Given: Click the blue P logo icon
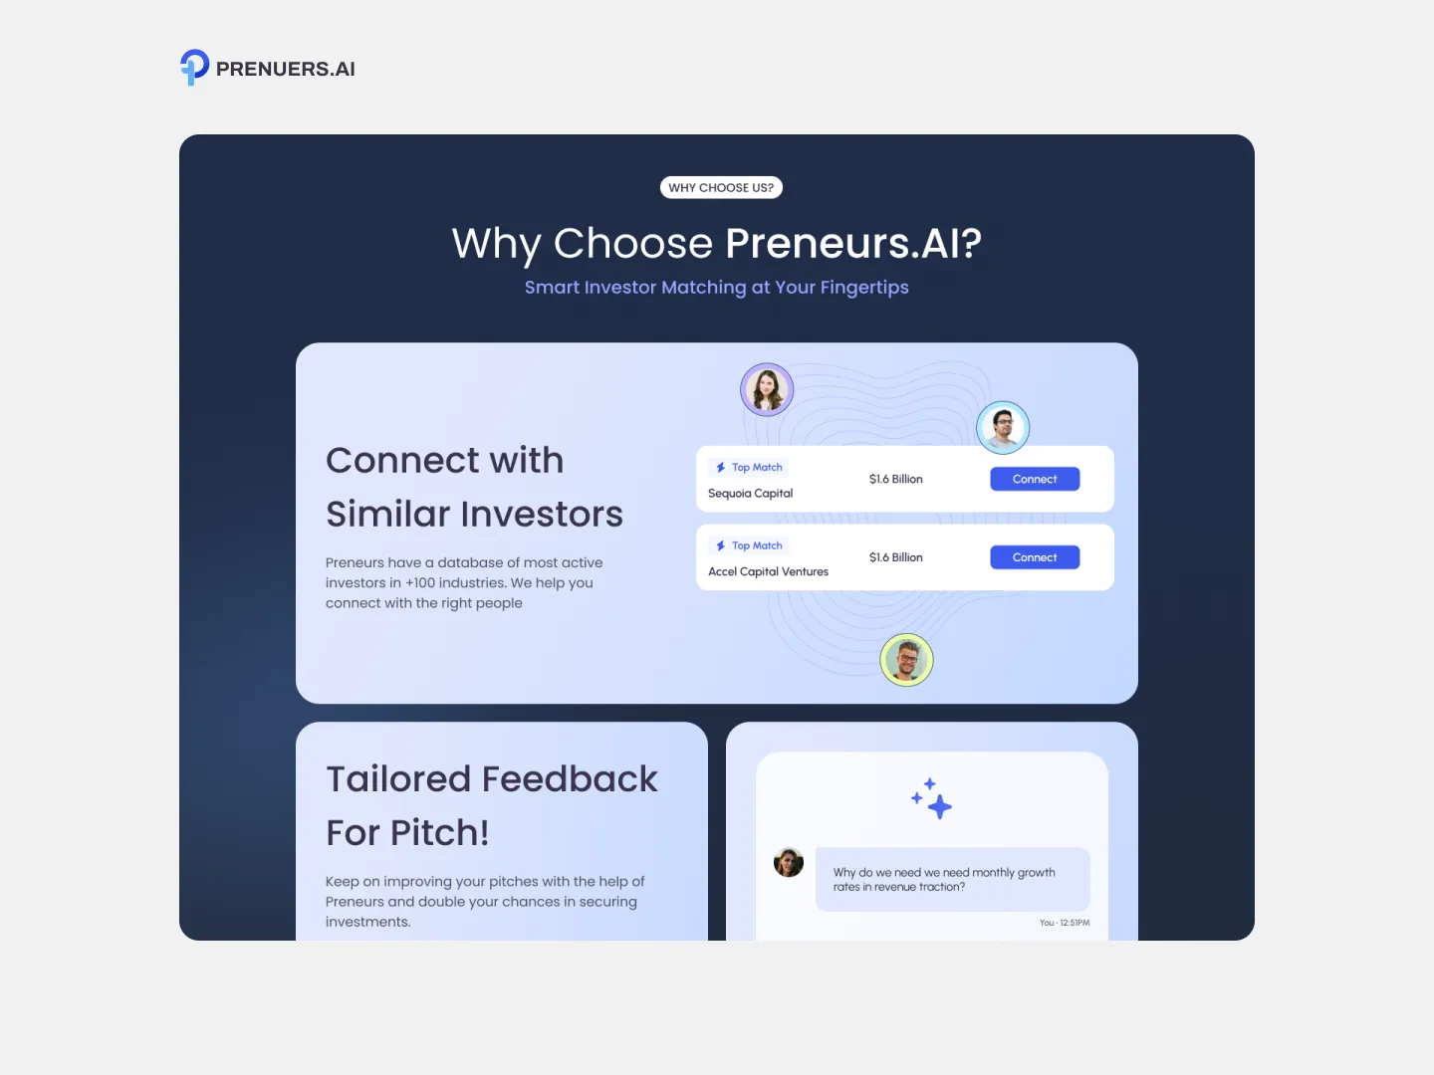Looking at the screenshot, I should pyautogui.click(x=194, y=67).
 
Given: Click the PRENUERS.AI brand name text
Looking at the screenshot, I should pyautogui.click(x=285, y=69).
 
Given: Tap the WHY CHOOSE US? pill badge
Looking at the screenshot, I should pyautogui.click(x=721, y=187).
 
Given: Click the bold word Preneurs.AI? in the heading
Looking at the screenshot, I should pyautogui.click(x=853, y=243).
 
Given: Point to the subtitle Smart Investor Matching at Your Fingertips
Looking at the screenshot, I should pyautogui.click(x=716, y=288).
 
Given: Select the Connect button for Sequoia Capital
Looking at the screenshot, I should pyautogui.click(x=1035, y=479).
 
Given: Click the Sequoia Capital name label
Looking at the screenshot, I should pyautogui.click(x=750, y=494).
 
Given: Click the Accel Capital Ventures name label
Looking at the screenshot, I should pyautogui.click(x=768, y=572).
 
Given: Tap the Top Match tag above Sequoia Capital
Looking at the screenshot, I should pyautogui.click(x=749, y=467).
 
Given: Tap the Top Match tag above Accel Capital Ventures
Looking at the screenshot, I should pyautogui.click(x=749, y=545).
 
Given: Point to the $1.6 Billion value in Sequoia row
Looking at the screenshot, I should pyautogui.click(x=895, y=479).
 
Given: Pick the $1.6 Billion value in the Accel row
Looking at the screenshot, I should pyautogui.click(x=895, y=557).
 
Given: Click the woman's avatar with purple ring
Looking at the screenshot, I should pyautogui.click(x=767, y=389).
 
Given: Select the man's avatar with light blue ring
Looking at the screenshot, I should pyautogui.click(x=1003, y=428).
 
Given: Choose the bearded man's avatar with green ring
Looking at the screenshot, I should pyautogui.click(x=906, y=660).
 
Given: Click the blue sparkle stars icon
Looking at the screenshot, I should pyautogui.click(x=932, y=798).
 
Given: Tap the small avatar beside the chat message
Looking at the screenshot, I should pyautogui.click(x=789, y=862).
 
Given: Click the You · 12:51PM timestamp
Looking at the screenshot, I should pyautogui.click(x=1064, y=923).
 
